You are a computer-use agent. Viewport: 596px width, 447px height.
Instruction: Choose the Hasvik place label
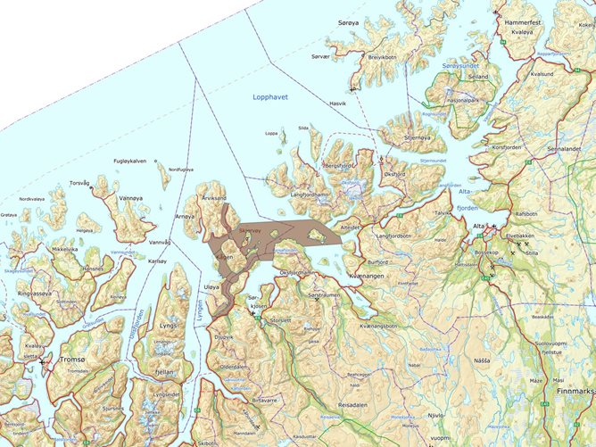(x=338, y=103)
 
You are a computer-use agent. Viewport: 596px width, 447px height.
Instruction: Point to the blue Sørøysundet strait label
(x=460, y=65)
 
